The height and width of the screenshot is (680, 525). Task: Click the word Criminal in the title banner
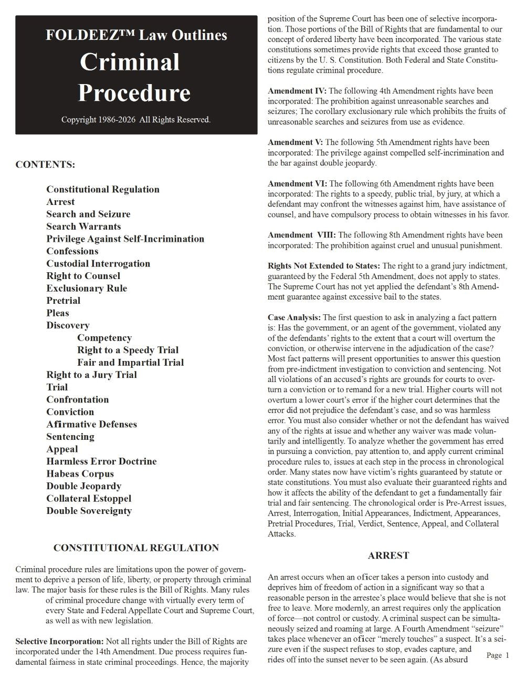point(130,62)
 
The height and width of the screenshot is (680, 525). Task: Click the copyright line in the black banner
point(136,120)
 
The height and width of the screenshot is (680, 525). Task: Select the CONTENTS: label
point(45,164)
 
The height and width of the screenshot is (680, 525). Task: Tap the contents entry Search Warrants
point(83,226)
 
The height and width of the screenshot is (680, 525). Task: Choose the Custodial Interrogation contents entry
point(98,264)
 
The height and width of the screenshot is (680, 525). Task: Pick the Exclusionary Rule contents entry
point(87,289)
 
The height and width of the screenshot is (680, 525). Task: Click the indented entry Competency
point(104,338)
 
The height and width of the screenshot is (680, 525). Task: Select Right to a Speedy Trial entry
point(128,350)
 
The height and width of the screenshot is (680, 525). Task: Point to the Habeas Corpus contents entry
point(80,473)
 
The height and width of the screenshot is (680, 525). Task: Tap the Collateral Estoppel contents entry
point(89,498)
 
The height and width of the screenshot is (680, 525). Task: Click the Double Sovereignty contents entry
point(89,511)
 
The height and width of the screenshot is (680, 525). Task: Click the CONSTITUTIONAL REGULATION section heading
point(136,548)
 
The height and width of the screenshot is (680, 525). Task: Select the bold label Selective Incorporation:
point(59,642)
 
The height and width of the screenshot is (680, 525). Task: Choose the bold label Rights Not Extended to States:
point(324,266)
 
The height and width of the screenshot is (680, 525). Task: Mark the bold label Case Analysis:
point(294,317)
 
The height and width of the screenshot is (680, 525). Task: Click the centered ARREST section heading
point(388,555)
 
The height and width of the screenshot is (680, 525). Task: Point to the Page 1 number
point(498,655)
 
